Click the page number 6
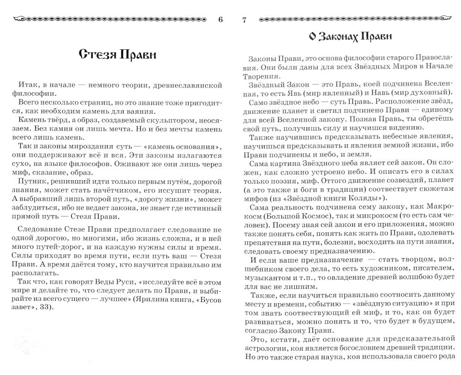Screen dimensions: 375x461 [220, 19]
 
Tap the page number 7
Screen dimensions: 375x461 [244, 19]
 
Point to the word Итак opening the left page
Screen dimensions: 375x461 [30, 86]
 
